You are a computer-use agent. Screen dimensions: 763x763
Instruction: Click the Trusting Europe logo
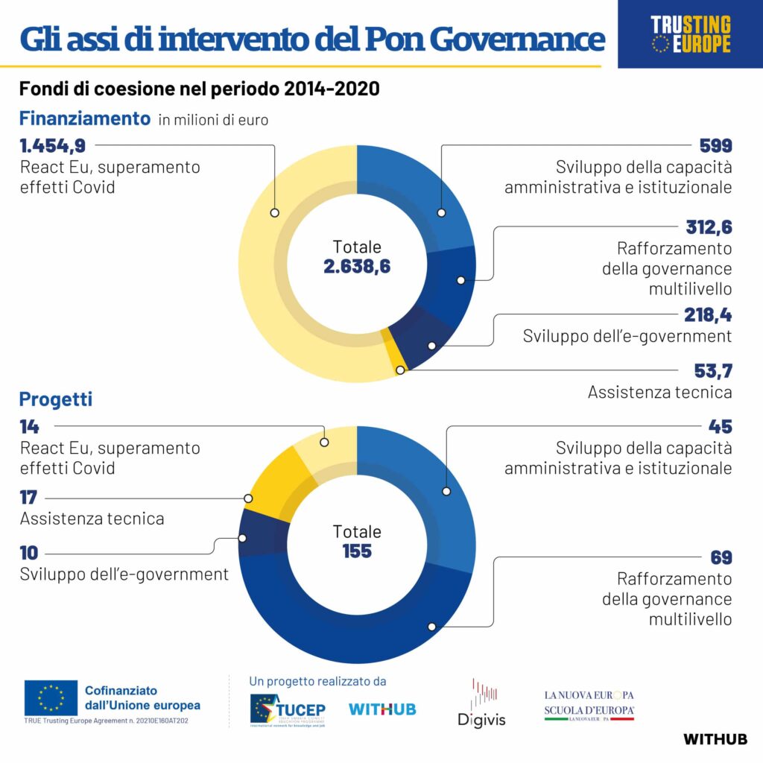point(691,34)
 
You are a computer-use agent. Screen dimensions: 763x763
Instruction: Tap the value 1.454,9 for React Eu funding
point(52,146)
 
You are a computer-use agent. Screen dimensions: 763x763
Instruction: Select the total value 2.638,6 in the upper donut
point(357,266)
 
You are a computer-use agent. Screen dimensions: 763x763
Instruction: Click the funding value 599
point(715,146)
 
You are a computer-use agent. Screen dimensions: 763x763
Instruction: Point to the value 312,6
point(708,227)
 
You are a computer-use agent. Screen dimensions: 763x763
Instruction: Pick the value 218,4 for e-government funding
point(708,315)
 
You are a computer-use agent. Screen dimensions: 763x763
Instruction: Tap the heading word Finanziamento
point(85,118)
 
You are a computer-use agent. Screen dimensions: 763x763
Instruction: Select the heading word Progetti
point(56,399)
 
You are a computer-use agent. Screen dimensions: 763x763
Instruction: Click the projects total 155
point(357,551)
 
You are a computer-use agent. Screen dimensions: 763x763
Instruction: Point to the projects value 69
point(721,557)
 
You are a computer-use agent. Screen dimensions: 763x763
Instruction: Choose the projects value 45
point(721,427)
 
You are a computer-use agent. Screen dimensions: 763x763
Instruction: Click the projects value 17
point(28,498)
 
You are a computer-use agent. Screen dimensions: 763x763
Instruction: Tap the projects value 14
point(29,427)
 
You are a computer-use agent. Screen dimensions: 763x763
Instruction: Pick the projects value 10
point(29,554)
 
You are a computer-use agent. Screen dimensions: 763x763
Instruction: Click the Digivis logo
point(481,703)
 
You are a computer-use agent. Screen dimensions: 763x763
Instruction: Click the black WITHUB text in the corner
point(715,739)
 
